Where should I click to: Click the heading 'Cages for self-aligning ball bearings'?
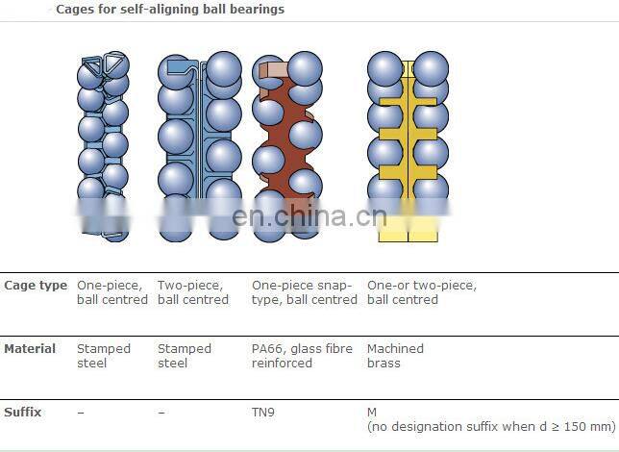point(169,10)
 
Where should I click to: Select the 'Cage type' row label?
point(36,286)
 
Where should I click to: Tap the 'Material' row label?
point(30,349)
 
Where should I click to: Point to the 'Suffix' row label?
point(22,413)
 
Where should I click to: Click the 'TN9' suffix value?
point(262,413)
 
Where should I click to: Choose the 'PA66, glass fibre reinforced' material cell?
point(302,356)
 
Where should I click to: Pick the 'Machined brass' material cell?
point(395,356)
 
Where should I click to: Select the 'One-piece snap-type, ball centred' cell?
point(304,292)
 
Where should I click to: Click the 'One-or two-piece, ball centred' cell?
point(421,292)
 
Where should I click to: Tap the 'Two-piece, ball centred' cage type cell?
point(192,292)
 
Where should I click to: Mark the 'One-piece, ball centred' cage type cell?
point(111,292)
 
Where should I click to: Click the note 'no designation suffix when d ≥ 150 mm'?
point(490,426)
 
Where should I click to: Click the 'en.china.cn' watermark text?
point(309,216)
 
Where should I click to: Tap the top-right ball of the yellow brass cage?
point(431,68)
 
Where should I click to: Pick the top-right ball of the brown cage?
point(306,68)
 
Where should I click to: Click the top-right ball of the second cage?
point(224,68)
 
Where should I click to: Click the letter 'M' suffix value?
point(372,413)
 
